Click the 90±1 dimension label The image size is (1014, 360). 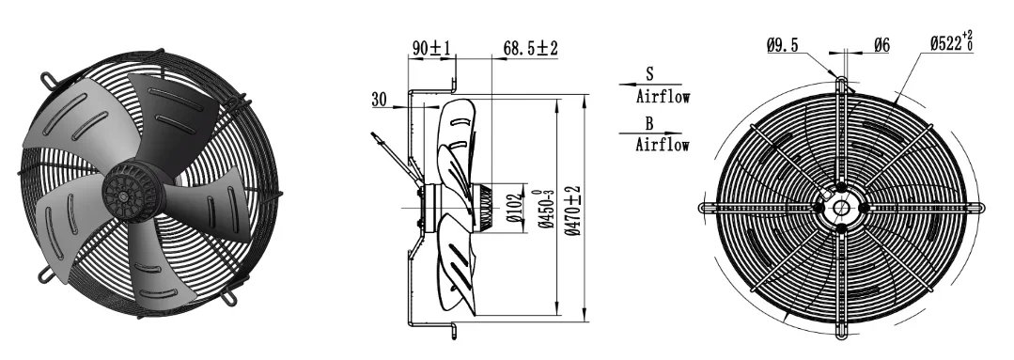pyautogui.click(x=432, y=48)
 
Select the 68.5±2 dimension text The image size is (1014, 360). pyautogui.click(x=530, y=48)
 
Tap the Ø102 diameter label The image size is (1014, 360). pyautogui.click(x=514, y=207)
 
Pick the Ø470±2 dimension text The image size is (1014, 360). pyautogui.click(x=573, y=211)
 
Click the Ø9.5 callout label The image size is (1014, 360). pyautogui.click(x=783, y=45)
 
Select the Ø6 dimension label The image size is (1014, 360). pyautogui.click(x=882, y=45)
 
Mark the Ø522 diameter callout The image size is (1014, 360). pyautogui.click(x=952, y=42)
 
